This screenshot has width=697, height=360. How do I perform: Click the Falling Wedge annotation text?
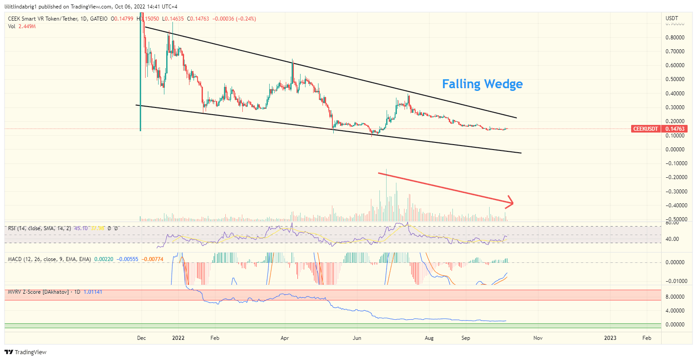[x=482, y=84]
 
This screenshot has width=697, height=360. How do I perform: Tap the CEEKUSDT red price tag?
[x=645, y=129]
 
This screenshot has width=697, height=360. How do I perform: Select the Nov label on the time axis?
[x=538, y=338]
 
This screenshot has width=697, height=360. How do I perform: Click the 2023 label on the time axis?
[x=610, y=338]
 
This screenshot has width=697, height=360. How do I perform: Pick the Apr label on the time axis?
[x=285, y=338]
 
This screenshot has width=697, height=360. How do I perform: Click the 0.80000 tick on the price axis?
[x=675, y=38]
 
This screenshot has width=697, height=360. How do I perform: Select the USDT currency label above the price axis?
[x=672, y=18]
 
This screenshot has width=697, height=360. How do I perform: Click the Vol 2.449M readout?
[x=22, y=26]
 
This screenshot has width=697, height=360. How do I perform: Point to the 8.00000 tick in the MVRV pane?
[x=675, y=296]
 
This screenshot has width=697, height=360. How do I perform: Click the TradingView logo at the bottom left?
[x=26, y=352]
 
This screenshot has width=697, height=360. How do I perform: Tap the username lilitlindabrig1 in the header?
[x=23, y=6]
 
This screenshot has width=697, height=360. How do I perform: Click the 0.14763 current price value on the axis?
[x=675, y=129]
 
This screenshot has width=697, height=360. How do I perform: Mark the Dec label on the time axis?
[x=141, y=338]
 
